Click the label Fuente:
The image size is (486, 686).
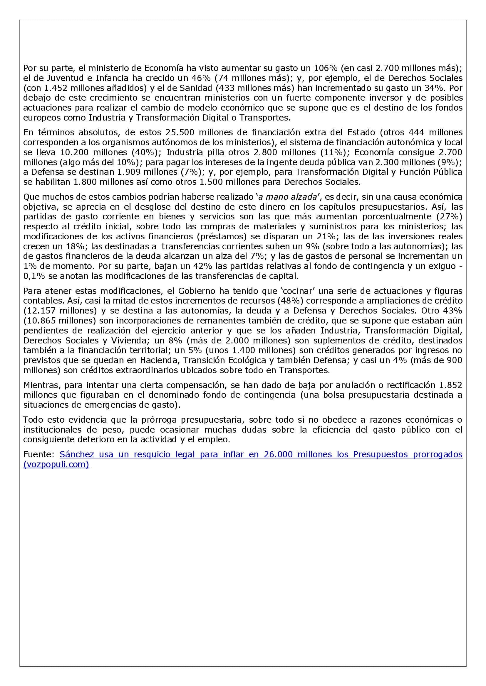coord(38,454)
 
